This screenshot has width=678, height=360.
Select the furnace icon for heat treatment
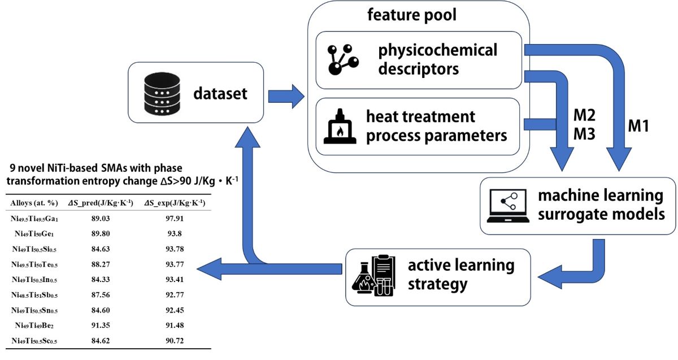click(340, 128)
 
